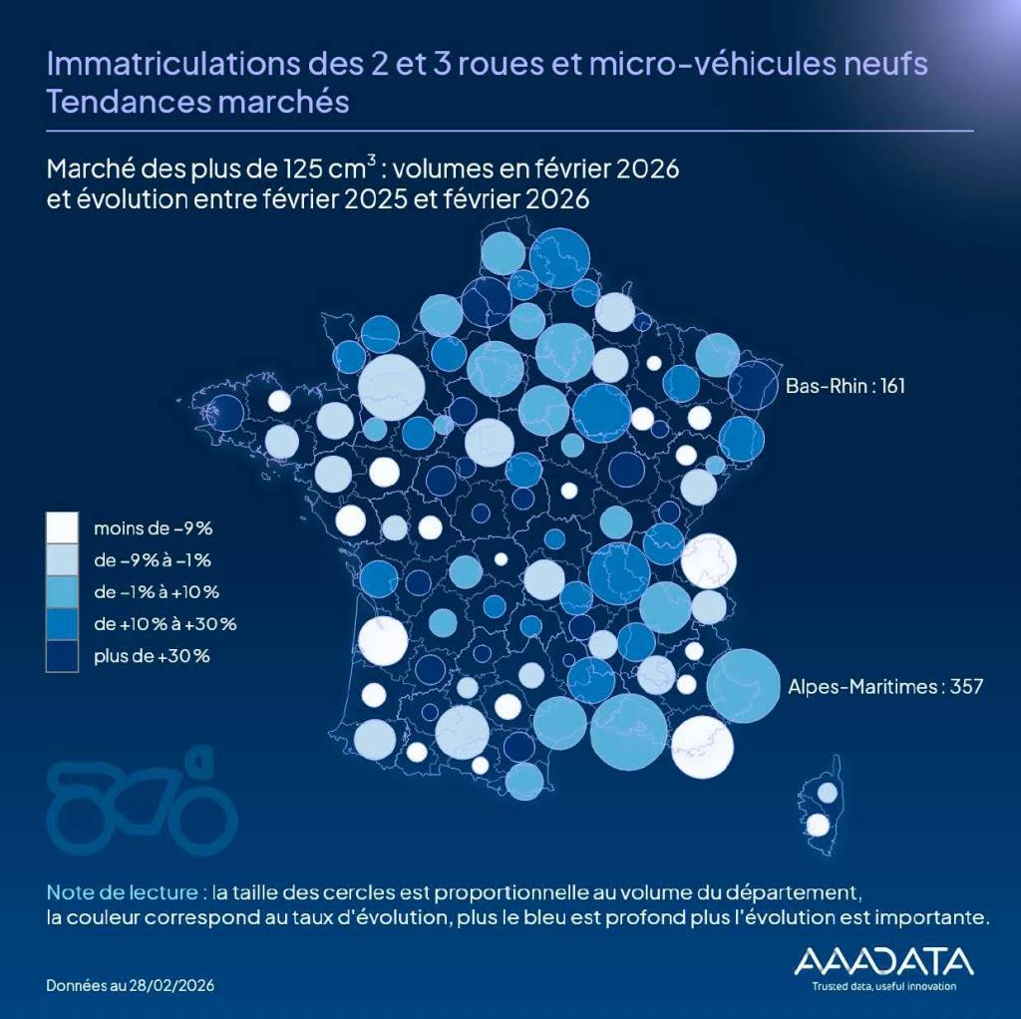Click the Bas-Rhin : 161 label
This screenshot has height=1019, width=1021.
click(x=845, y=385)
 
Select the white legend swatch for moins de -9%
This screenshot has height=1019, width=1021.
click(x=62, y=527)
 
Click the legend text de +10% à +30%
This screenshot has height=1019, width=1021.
click(x=164, y=624)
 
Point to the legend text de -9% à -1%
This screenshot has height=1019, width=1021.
click(x=152, y=559)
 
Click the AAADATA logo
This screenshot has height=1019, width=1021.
click(x=882, y=960)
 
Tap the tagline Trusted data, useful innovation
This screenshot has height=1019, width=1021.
click(x=882, y=986)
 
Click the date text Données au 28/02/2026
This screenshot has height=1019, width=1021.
click(x=130, y=985)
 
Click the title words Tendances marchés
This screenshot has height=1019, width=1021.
click(x=197, y=102)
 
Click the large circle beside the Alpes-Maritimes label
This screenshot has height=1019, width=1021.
click(x=743, y=685)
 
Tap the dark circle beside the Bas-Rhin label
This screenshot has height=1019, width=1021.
click(x=753, y=386)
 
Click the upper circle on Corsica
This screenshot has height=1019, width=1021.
click(x=828, y=792)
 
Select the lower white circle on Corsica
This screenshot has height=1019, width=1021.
click(x=818, y=825)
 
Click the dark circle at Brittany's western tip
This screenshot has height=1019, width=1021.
click(x=226, y=411)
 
